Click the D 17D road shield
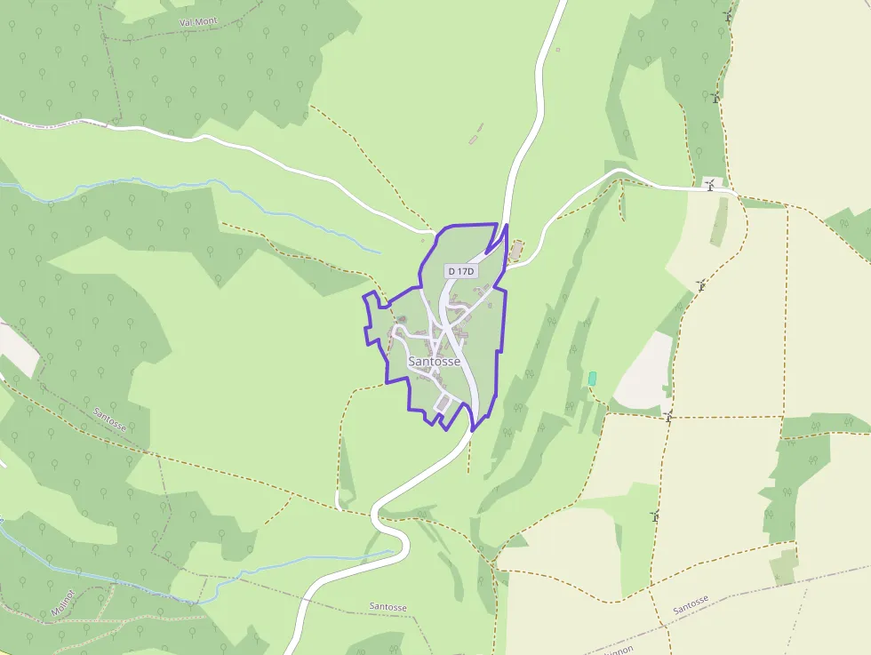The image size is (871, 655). [x=461, y=270]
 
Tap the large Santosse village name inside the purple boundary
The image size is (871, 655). [x=435, y=362]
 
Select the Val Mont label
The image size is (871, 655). [x=197, y=20]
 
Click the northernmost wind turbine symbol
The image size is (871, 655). [x=728, y=16]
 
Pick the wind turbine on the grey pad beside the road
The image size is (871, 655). [x=710, y=184]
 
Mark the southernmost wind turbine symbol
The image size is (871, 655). [x=655, y=515]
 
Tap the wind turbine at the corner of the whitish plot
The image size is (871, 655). [x=667, y=415]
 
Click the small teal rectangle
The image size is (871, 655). [x=592, y=379]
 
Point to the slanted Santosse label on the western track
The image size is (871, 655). [x=109, y=419]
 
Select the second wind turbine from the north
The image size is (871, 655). [x=715, y=96]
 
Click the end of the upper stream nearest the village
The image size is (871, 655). [x=380, y=252]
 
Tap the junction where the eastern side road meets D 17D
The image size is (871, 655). [x=505, y=264]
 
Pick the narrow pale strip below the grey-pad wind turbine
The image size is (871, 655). [x=719, y=222]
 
